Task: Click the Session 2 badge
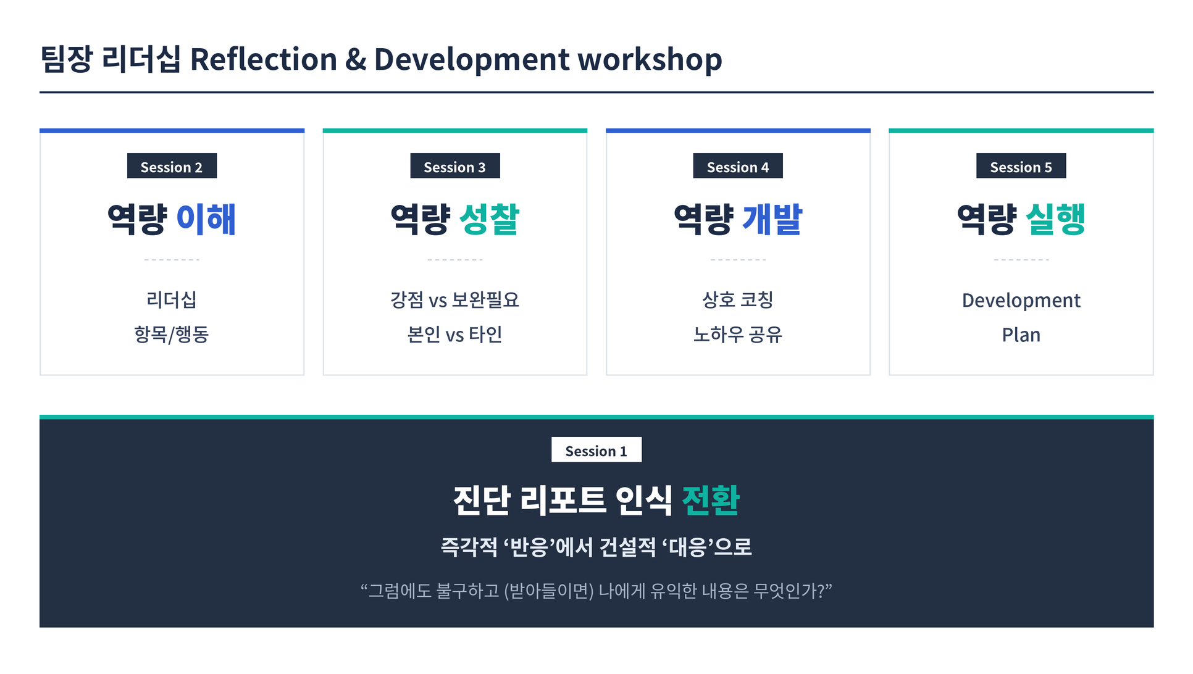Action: click(x=172, y=166)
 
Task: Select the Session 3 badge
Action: click(x=455, y=166)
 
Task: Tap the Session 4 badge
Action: click(x=738, y=166)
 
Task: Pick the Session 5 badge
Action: click(x=1021, y=166)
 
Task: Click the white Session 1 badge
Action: click(x=596, y=450)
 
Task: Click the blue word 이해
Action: click(x=206, y=219)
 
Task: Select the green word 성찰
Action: click(x=490, y=219)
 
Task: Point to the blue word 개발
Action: click(x=772, y=219)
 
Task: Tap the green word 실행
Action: click(x=1056, y=219)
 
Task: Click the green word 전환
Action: click(x=711, y=500)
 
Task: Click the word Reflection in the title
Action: click(x=264, y=59)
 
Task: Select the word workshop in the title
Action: click(x=650, y=59)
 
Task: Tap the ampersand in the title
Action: click(x=356, y=59)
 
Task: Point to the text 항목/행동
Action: click(x=172, y=335)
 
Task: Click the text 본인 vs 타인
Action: click(x=455, y=335)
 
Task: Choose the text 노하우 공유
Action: click(x=738, y=335)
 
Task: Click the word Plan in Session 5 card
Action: click(x=1021, y=335)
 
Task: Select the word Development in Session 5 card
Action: click(x=1021, y=301)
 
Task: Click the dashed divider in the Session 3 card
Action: click(x=455, y=260)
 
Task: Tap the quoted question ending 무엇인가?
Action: click(x=596, y=591)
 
